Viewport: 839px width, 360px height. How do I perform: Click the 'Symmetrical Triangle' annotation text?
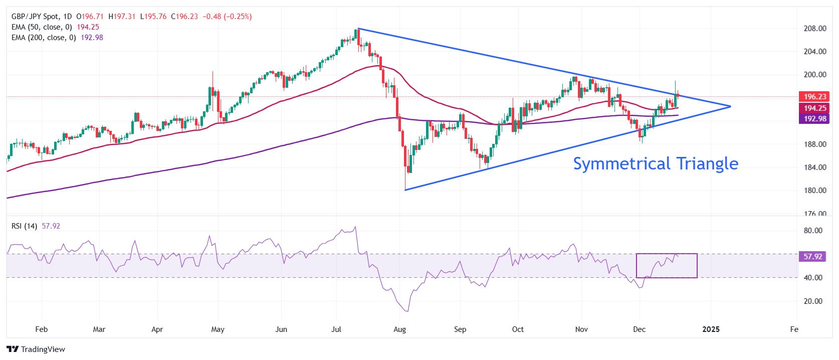point(655,164)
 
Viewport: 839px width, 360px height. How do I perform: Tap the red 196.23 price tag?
point(814,97)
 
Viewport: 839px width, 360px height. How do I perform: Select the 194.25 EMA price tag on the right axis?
point(814,108)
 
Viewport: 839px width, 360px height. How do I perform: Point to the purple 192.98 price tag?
point(814,119)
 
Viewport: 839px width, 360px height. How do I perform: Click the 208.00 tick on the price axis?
point(814,29)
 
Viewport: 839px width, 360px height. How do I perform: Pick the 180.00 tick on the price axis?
point(814,191)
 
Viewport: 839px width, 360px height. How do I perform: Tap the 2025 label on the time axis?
point(711,329)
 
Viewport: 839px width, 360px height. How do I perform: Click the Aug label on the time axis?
point(399,329)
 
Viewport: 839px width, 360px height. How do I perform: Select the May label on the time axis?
point(218,329)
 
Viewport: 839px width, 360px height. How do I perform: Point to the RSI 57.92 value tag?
point(812,257)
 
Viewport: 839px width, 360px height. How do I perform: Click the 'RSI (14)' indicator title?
point(24,226)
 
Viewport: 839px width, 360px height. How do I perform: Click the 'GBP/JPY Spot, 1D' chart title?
point(42,17)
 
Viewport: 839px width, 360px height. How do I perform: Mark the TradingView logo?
point(36,349)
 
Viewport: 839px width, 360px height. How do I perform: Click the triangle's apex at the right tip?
point(730,106)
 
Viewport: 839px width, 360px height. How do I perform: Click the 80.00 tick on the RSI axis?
point(812,231)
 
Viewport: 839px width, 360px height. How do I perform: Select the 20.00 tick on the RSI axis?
point(812,301)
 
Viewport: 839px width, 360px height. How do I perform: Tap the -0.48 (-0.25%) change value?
point(227,17)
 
